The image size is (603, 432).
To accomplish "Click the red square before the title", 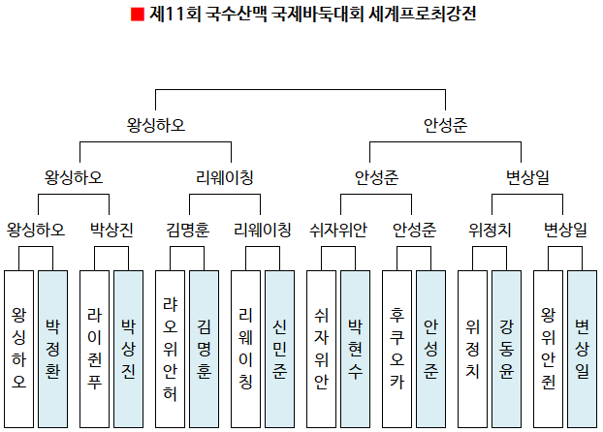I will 137,15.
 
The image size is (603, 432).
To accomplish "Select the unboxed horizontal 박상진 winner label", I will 111,230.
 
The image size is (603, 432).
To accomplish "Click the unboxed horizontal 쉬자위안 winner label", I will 338,230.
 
